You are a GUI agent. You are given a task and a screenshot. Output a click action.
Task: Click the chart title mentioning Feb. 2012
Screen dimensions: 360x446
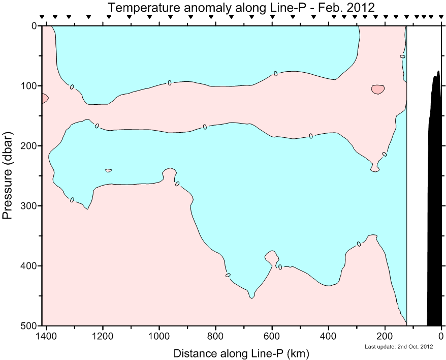pyautogui.click(x=241, y=8)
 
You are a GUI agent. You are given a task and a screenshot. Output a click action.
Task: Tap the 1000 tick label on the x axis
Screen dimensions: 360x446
pyautogui.click(x=160, y=336)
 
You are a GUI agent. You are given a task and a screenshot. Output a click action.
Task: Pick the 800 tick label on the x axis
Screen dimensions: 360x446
pyautogui.click(x=216, y=336)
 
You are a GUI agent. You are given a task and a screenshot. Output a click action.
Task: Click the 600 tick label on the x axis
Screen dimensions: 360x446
pyautogui.click(x=272, y=336)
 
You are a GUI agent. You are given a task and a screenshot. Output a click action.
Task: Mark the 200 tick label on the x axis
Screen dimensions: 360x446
pyautogui.click(x=385, y=336)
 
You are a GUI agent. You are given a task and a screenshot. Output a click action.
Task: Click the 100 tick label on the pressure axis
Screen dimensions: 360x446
pyautogui.click(x=24, y=86)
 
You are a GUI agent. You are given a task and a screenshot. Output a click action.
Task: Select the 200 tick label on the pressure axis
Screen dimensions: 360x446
pyautogui.click(x=24, y=146)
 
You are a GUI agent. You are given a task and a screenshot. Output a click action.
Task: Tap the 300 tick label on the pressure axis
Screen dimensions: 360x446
pyautogui.click(x=24, y=206)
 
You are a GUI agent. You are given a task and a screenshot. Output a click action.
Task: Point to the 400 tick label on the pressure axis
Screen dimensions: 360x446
pyautogui.click(x=24, y=266)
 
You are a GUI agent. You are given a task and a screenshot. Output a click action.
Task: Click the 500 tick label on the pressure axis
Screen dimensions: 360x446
pyautogui.click(x=24, y=325)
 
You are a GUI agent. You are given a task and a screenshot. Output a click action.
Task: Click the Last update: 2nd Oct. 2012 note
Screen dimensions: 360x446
pyautogui.click(x=398, y=347)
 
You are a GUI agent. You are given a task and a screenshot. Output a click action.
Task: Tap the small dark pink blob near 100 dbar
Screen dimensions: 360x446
pyautogui.click(x=377, y=89)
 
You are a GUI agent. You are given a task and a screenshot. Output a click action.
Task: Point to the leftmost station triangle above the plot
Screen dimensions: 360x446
pyautogui.click(x=42, y=17)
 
